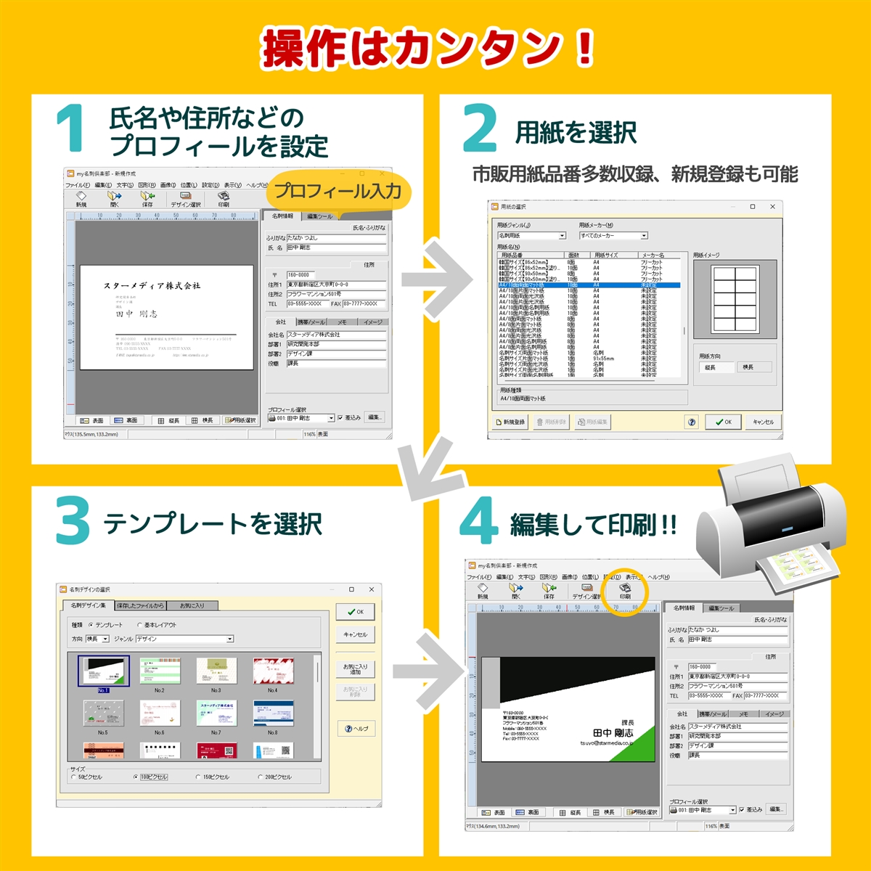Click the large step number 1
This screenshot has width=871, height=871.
pos(71,129)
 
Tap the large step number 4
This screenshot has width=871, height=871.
pos(479,521)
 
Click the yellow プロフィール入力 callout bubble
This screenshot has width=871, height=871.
pos(338,191)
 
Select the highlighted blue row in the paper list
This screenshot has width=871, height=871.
pos(588,285)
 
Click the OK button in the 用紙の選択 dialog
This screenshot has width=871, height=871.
pos(723,422)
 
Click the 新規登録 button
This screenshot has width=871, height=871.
pos(510,422)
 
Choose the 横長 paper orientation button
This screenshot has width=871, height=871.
pos(748,367)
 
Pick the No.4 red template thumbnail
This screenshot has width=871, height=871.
pos(272,671)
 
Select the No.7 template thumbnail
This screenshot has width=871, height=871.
pos(216,713)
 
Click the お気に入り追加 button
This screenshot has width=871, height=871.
pos(355,668)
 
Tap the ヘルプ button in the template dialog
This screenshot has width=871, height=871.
pos(356,729)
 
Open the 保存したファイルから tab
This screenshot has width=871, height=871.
pos(141,605)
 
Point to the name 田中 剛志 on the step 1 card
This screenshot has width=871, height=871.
pos(136,314)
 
